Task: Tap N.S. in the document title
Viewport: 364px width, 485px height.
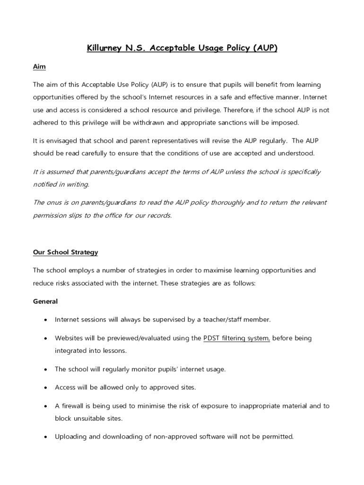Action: pos(136,48)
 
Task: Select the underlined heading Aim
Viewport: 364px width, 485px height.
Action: pos(39,67)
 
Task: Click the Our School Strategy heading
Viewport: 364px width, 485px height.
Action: pos(65,252)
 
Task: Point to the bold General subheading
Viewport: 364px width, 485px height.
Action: pos(45,301)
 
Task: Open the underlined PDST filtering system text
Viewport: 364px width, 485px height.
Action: pos(236,338)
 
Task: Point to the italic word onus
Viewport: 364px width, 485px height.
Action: pos(54,203)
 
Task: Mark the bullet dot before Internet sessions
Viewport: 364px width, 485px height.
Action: pos(45,320)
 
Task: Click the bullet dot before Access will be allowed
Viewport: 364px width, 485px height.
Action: pos(45,387)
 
